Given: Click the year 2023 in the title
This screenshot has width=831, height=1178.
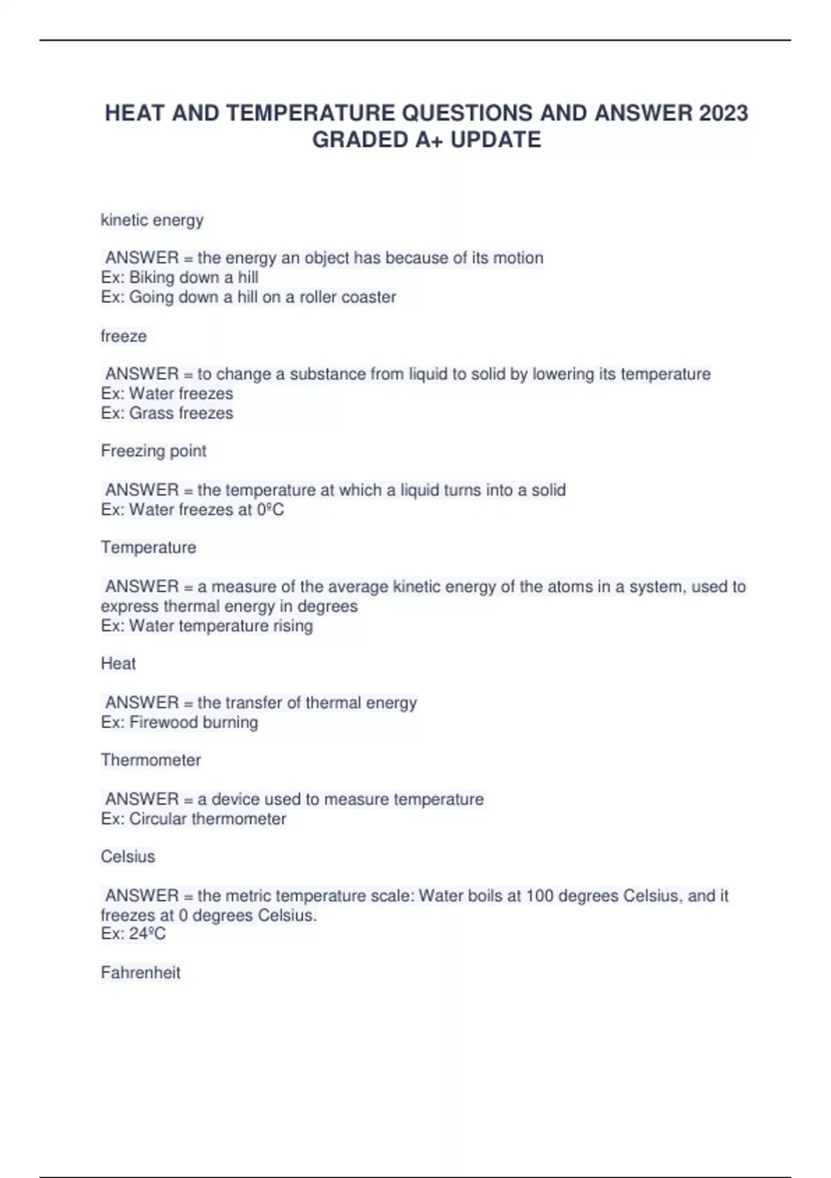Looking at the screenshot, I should pos(723,113).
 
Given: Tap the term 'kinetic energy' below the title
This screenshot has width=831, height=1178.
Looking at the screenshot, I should pos(152,220).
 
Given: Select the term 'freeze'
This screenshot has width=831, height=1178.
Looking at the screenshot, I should pos(123,336).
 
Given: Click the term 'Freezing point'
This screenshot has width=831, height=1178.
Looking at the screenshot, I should pos(153,451).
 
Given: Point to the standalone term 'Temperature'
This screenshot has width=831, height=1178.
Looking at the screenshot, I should pos(148,547).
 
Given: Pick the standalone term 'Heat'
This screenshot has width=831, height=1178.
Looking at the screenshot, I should pos(118,663).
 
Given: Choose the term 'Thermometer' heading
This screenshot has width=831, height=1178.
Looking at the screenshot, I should pos(150,760).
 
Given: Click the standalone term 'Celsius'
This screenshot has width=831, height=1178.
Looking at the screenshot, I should pos(127,856).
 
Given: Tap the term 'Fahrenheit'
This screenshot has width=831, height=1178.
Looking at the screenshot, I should pos(140,972).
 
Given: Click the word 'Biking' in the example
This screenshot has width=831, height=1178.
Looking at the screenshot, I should pos(152,278).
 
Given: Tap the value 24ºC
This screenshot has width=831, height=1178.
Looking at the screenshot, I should pos(148,933).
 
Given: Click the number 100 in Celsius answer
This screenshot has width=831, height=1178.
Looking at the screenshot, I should pos(539,896).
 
